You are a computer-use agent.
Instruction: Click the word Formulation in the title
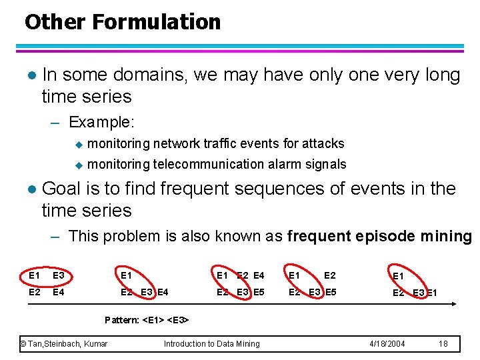click(x=157, y=22)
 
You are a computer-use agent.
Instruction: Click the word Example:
click(x=101, y=123)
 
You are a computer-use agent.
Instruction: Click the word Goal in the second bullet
click(x=61, y=189)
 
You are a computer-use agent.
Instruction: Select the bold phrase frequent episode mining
click(x=379, y=236)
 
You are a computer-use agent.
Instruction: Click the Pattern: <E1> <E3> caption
click(x=147, y=320)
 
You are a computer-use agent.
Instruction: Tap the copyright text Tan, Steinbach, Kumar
click(x=64, y=343)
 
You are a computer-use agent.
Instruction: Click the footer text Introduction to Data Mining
click(x=211, y=343)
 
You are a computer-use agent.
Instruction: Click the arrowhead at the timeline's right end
click(x=453, y=305)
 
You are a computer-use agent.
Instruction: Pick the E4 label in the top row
click(x=259, y=275)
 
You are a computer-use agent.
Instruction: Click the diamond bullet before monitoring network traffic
click(x=77, y=144)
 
